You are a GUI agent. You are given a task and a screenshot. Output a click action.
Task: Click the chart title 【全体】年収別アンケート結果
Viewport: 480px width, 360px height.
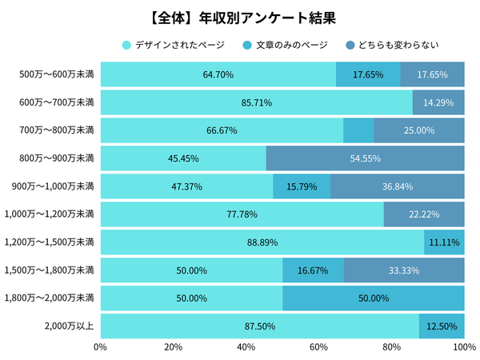tap(239, 17)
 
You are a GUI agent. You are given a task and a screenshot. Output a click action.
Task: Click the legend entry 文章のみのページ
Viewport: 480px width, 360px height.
tap(291, 45)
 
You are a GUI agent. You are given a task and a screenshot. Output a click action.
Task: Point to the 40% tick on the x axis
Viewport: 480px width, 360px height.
tap(246, 347)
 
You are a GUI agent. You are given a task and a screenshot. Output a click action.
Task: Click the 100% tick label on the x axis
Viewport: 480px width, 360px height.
tap(465, 347)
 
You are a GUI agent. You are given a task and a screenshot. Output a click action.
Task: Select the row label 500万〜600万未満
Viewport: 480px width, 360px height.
tap(56, 74)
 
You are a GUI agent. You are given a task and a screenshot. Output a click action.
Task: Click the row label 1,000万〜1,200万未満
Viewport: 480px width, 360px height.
tap(49, 214)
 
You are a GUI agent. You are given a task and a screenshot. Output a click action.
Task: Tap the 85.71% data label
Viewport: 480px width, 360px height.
tap(257, 102)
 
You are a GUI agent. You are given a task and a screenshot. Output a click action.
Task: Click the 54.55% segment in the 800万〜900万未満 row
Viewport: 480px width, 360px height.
tap(366, 158)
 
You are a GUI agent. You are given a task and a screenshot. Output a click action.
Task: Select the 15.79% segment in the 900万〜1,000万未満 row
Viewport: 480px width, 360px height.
tap(302, 186)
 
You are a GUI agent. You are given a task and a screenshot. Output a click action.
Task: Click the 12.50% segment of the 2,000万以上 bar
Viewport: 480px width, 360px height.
tap(442, 326)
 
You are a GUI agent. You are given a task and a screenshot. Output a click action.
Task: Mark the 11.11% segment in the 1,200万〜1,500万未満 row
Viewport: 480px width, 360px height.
tap(445, 242)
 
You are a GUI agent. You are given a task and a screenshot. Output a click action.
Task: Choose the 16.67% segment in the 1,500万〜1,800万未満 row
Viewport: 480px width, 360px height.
tap(313, 270)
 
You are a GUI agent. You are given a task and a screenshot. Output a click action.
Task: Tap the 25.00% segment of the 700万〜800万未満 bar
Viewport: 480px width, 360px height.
tap(419, 130)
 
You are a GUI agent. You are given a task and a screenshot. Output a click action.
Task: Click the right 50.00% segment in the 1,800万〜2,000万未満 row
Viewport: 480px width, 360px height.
tap(374, 298)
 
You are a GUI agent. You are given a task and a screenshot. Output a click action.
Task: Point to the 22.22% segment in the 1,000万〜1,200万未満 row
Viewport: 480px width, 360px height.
tap(424, 214)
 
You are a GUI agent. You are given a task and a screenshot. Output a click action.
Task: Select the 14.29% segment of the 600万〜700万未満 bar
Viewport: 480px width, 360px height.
tap(438, 102)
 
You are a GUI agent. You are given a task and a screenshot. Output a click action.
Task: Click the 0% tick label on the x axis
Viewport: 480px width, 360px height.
tap(101, 347)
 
